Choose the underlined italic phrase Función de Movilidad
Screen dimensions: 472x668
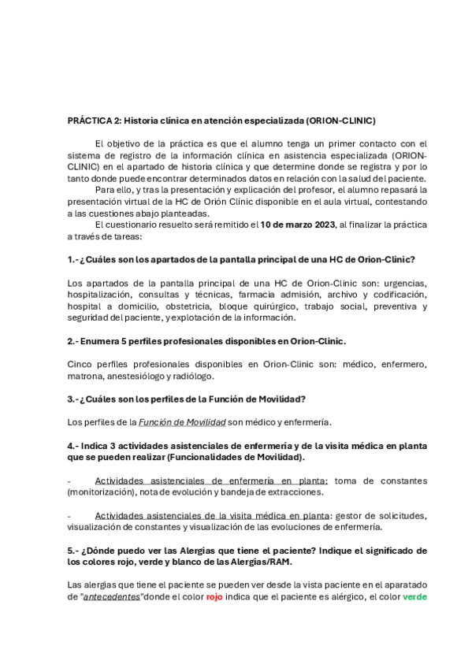point(182,421)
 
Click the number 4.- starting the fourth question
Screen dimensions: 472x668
point(75,445)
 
